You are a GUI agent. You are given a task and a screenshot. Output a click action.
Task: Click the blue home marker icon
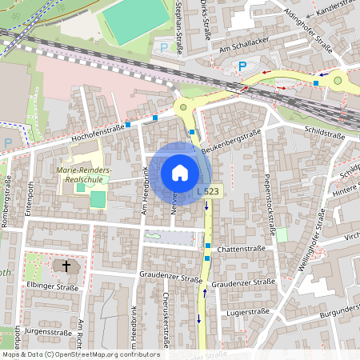pos(180,173)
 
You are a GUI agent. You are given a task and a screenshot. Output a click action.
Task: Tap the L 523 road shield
pos(208,192)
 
